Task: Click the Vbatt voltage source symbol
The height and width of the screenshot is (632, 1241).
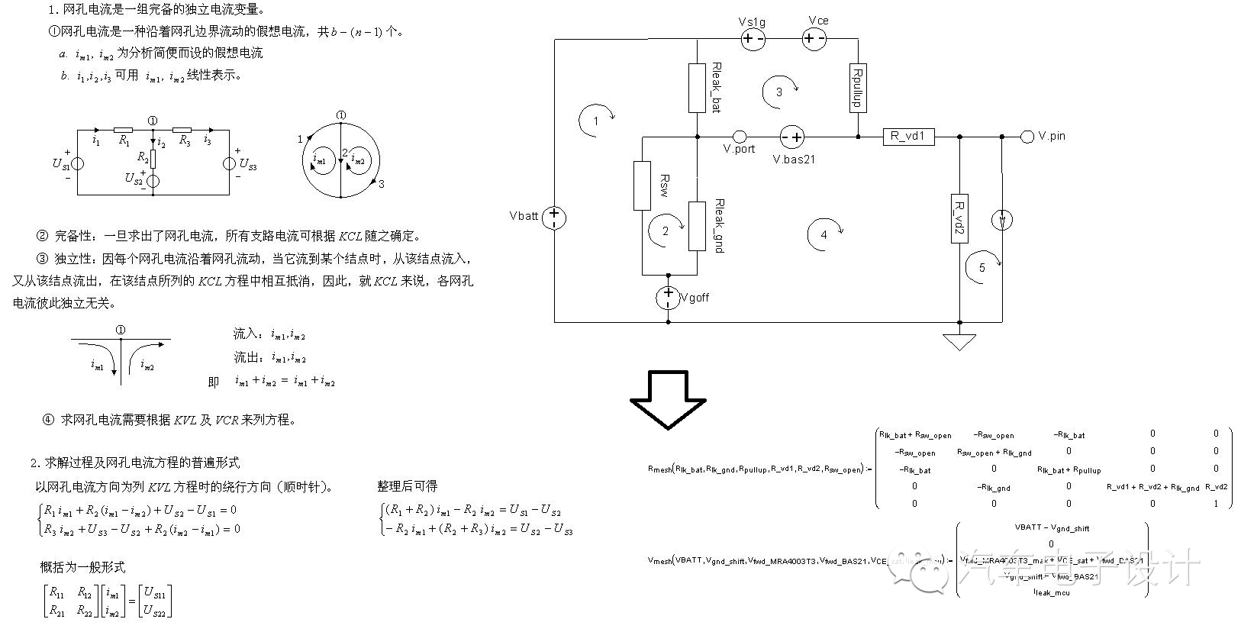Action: point(555,218)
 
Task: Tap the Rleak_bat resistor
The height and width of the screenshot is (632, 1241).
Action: point(697,88)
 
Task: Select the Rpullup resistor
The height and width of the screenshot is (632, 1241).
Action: point(858,88)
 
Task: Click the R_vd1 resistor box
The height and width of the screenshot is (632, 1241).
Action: point(907,137)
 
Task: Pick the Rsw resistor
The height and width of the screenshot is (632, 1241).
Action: point(643,185)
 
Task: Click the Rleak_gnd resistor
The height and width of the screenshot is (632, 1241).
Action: point(697,226)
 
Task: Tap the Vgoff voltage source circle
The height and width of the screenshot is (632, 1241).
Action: point(669,297)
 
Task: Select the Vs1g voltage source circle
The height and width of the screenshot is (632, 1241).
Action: point(753,39)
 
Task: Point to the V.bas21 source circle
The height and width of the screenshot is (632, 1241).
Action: point(792,137)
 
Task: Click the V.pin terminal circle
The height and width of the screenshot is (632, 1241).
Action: point(1027,137)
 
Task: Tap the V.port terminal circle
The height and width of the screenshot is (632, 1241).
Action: point(739,137)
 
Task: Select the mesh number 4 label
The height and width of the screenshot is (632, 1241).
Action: point(824,235)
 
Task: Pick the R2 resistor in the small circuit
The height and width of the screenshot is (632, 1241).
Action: point(153,158)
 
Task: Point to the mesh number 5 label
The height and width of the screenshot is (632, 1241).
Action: point(982,268)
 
